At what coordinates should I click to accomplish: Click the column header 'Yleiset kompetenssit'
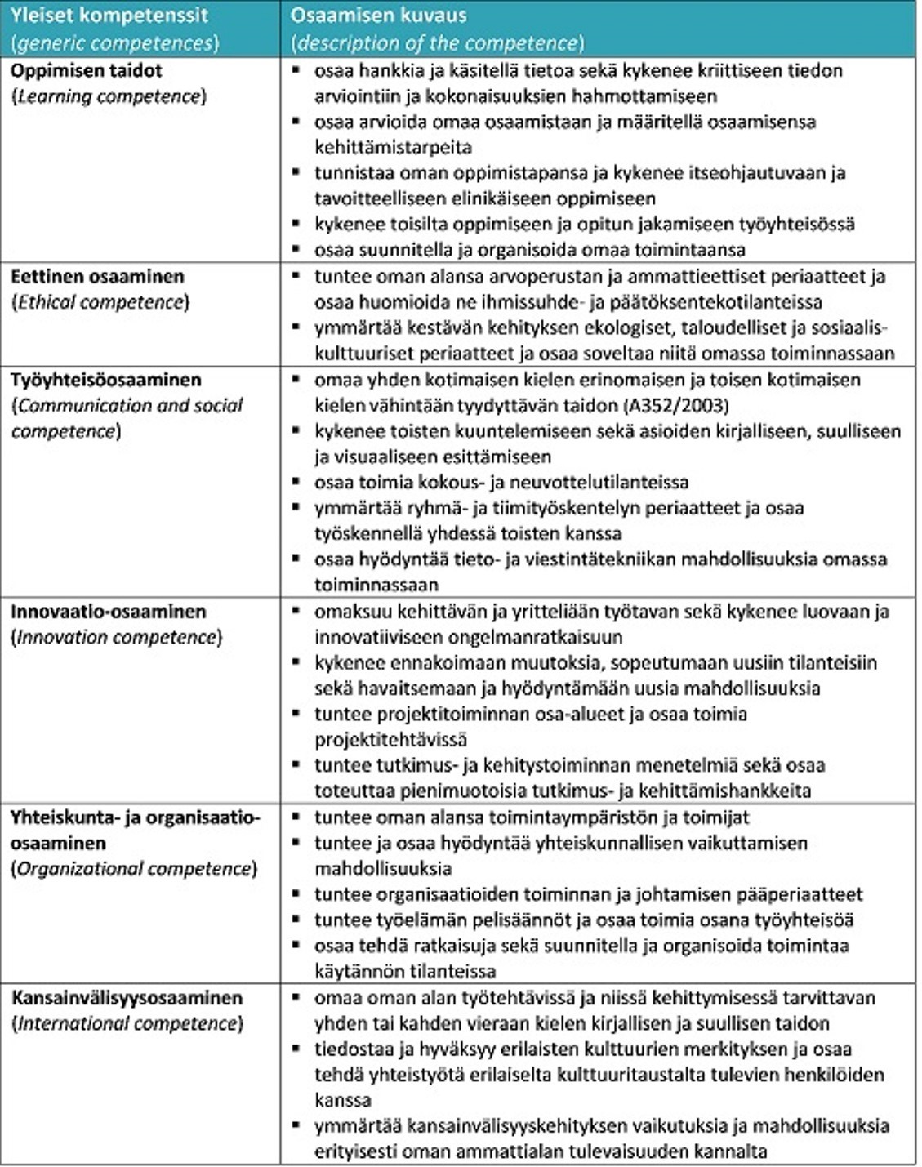click(109, 15)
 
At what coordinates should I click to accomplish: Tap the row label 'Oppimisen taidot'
click(87, 70)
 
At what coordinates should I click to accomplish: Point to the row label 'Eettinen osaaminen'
click(97, 276)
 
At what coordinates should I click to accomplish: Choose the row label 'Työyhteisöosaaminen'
click(105, 380)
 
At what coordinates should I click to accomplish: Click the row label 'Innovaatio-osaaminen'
click(109, 612)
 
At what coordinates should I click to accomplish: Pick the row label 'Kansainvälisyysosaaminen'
click(127, 998)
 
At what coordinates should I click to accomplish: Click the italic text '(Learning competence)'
click(109, 96)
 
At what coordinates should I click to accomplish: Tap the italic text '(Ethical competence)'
click(100, 302)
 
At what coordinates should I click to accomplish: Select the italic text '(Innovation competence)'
click(117, 637)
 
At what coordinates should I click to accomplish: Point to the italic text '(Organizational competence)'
click(134, 869)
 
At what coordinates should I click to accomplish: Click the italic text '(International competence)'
click(127, 1023)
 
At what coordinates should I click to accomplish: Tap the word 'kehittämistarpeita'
click(393, 148)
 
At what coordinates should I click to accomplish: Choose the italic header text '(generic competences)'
click(115, 42)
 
